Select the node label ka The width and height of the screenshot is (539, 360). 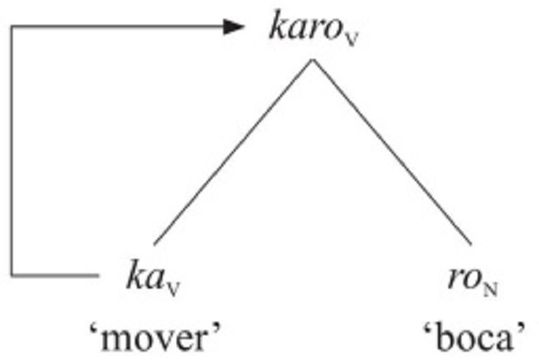(144, 275)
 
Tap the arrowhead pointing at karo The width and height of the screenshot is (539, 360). (236, 27)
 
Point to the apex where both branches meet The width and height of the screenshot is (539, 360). (312, 60)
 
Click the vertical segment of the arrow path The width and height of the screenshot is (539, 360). (11, 149)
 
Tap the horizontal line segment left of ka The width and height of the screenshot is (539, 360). (54, 274)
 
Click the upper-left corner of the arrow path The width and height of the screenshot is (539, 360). (11, 27)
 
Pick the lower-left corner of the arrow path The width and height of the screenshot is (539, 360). (11, 274)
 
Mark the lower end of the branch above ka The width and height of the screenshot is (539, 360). (154, 243)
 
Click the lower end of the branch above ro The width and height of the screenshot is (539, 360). (470, 243)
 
